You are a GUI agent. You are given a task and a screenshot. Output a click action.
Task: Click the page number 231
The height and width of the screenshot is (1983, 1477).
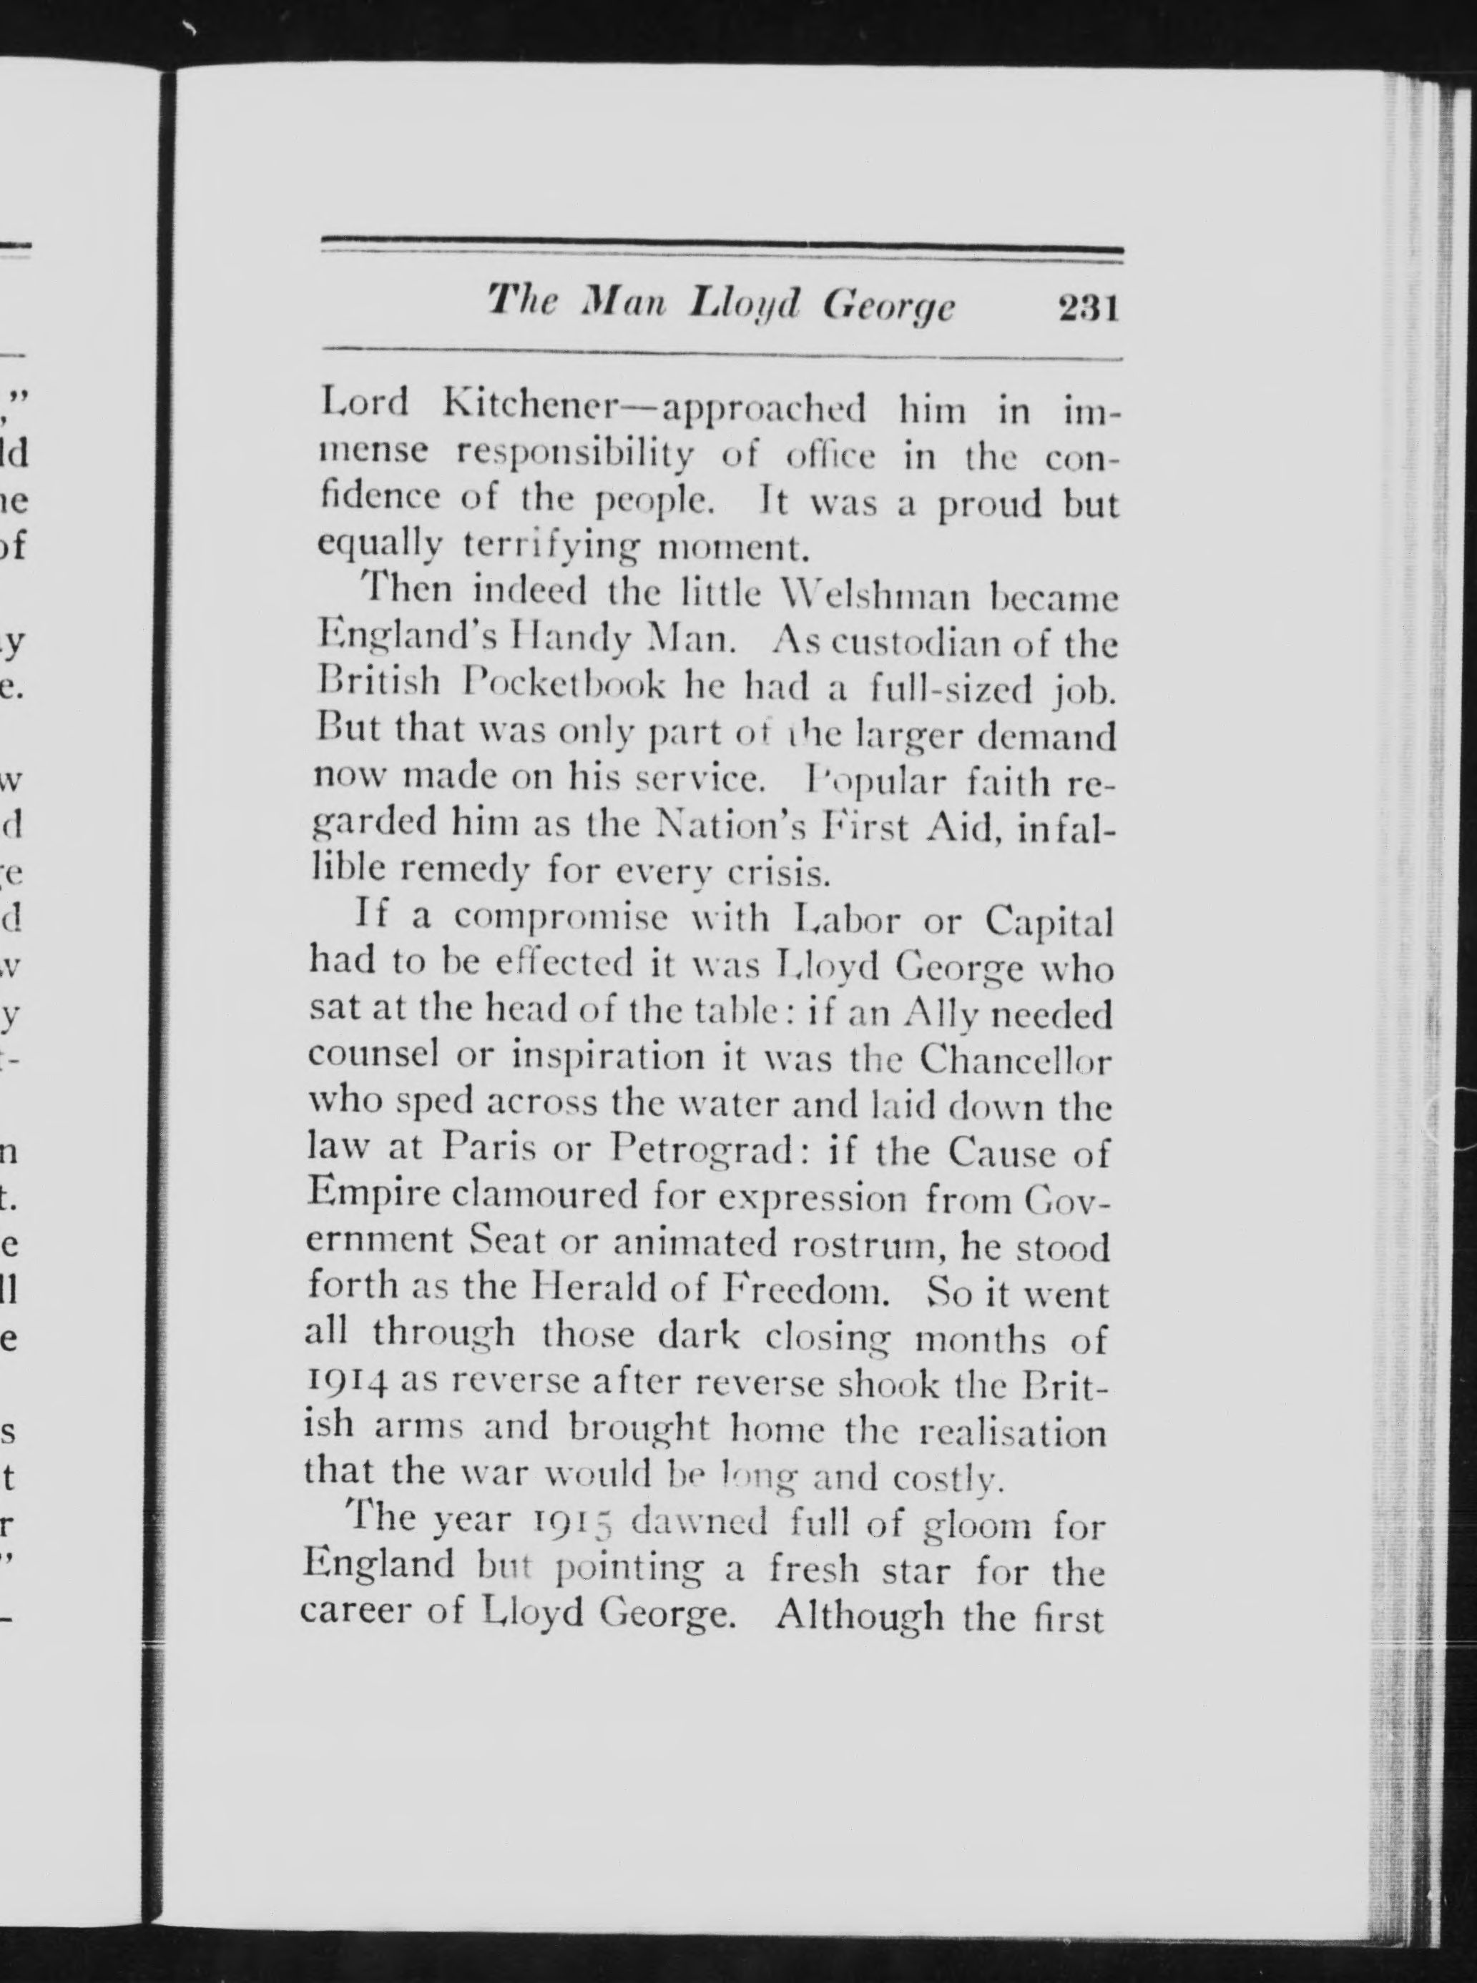(1088, 310)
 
